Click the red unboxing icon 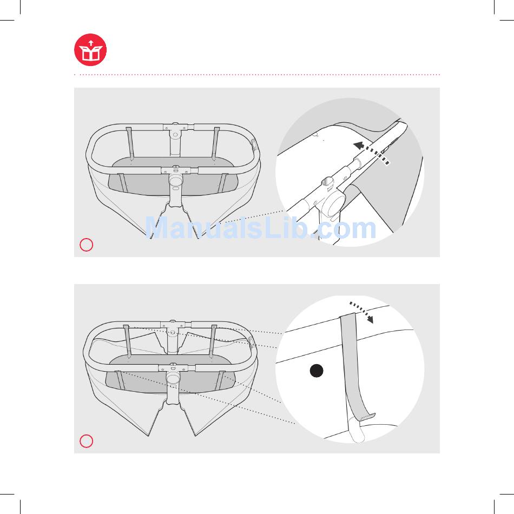(90, 50)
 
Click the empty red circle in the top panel (86, 245)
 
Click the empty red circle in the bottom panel (86, 441)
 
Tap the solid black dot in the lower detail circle (317, 371)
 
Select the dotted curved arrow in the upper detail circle (372, 151)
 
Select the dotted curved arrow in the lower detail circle (363, 311)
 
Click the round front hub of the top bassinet (176, 180)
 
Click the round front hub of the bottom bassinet (173, 377)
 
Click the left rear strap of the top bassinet (130, 142)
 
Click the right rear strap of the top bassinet (216, 143)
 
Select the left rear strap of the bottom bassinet (127, 340)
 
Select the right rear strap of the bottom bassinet (213, 340)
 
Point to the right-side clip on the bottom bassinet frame (252, 342)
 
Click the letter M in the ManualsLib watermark (157, 228)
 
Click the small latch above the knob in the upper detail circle (328, 182)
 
